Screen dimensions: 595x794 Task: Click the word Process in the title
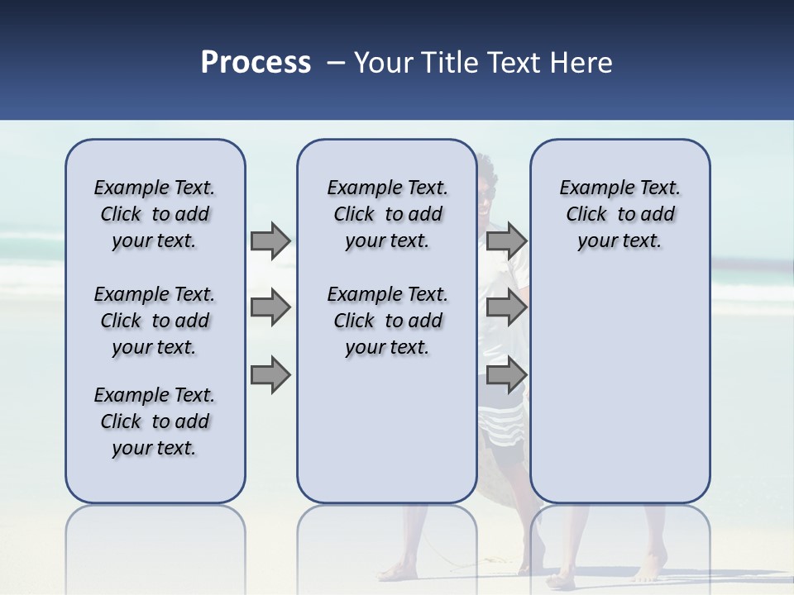[256, 62]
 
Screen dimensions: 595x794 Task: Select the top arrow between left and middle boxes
[270, 241]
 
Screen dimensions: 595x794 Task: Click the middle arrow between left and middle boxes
[270, 308]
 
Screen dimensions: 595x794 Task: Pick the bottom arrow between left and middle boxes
[270, 375]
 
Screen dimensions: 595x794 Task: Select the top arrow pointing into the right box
[506, 241]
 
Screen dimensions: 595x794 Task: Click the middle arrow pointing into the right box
[506, 308]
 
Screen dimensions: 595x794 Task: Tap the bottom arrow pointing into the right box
[506, 375]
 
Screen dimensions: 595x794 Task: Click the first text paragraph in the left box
[155, 214]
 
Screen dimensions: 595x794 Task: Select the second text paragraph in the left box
[155, 321]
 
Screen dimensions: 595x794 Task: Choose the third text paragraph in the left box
[155, 421]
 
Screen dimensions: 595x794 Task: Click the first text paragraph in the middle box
[387, 214]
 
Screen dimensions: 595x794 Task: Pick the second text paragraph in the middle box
[387, 321]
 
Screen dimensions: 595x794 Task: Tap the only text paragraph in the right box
[619, 214]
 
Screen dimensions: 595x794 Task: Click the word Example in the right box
[591, 188]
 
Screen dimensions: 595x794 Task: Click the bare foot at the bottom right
[649, 570]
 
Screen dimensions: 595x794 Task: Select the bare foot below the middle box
[399, 570]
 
